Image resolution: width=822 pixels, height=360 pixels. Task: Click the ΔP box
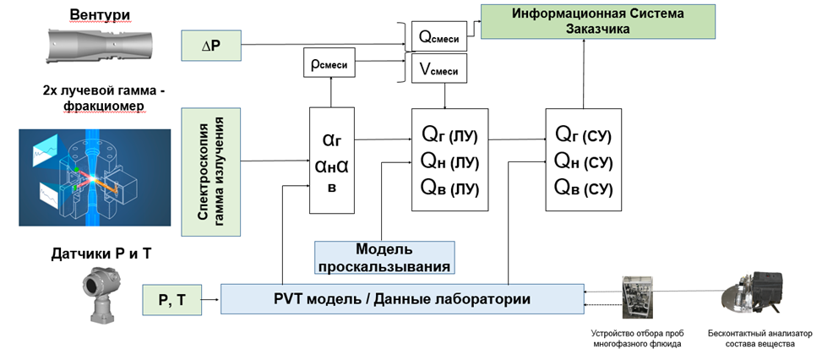click(211, 46)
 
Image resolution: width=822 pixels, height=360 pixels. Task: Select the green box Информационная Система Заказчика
click(596, 20)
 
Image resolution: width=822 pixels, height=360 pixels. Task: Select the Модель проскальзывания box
click(384, 257)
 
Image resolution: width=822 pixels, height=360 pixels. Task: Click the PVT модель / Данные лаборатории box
click(402, 299)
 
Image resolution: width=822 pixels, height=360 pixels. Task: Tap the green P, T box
click(172, 300)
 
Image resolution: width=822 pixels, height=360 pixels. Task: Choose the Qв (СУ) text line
click(583, 188)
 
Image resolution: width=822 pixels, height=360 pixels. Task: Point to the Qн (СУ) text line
click(583, 161)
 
